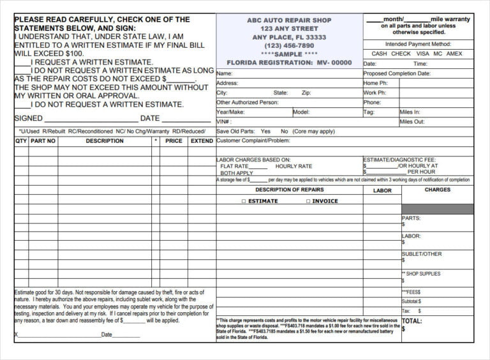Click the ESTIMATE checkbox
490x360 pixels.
(244, 201)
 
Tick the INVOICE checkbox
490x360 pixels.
(308, 201)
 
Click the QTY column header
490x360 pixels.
(21, 141)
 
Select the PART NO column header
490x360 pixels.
(43, 141)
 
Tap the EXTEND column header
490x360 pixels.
(202, 141)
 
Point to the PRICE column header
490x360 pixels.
(174, 141)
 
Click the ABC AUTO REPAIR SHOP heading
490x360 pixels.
(289, 20)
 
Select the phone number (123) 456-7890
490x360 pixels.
(289, 46)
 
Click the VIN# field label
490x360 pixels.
(223, 121)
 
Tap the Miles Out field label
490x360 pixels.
(412, 121)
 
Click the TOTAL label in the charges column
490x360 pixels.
(412, 321)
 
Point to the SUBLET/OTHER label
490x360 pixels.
(422, 254)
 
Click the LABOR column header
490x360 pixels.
(382, 191)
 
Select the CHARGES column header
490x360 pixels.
(437, 190)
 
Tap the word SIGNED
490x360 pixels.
(28, 118)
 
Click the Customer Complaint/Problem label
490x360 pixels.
(253, 140)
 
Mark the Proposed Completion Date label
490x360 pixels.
(397, 73)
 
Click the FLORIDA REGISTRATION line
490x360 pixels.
(289, 63)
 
